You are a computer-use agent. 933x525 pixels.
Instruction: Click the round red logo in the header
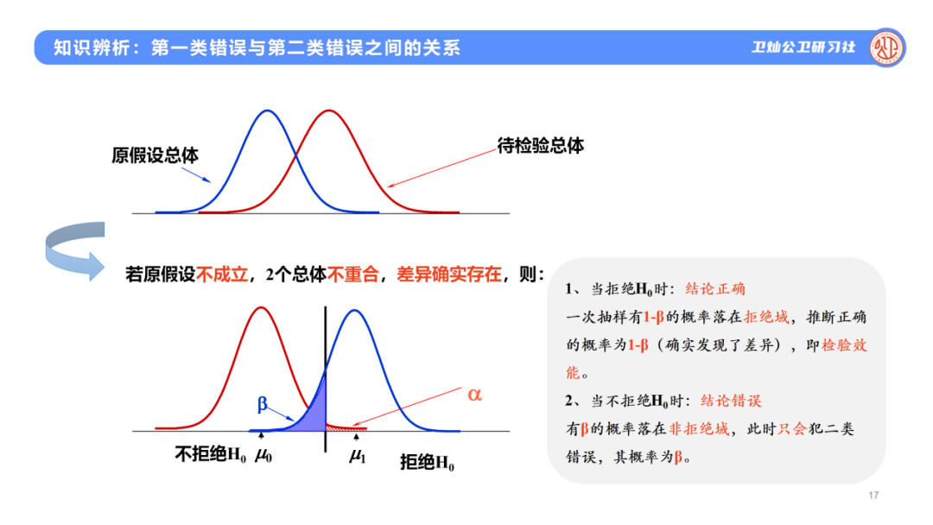(886, 47)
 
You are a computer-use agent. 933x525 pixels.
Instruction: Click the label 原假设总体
(155, 155)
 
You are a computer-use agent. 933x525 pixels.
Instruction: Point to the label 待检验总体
(540, 146)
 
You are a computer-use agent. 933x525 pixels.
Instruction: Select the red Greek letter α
(474, 395)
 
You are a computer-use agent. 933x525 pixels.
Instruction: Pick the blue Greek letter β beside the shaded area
(263, 404)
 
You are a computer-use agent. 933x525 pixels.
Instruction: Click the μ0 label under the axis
(263, 455)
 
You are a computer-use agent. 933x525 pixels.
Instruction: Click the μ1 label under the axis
(358, 456)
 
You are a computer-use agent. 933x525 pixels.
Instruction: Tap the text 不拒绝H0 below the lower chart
(211, 455)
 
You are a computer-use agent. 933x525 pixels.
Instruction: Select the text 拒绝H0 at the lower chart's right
(428, 462)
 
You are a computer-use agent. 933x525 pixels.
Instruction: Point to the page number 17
(873, 495)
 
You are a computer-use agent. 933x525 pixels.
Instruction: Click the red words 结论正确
(715, 289)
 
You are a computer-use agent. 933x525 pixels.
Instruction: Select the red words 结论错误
(732, 401)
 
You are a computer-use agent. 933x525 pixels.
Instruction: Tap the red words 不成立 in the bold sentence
(222, 274)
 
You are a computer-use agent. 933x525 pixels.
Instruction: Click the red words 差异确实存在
(449, 274)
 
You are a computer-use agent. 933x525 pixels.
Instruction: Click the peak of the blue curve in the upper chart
(268, 111)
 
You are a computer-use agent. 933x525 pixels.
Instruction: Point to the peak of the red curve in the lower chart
(261, 307)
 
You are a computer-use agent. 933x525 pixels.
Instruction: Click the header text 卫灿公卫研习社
(803, 47)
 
